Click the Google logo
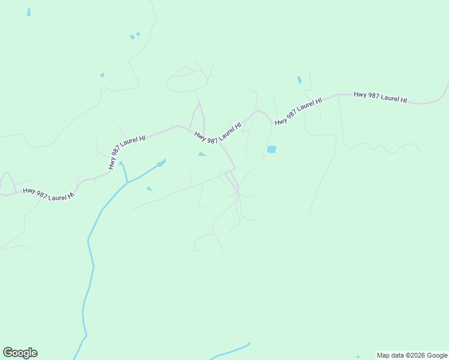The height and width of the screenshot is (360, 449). pyautogui.click(x=20, y=353)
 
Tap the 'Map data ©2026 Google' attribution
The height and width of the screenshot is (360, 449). pyautogui.click(x=412, y=355)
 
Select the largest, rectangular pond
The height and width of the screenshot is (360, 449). pyautogui.click(x=271, y=149)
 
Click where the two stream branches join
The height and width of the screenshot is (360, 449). pyautogui.click(x=127, y=182)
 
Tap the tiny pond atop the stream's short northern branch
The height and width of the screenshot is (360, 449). pyautogui.click(x=121, y=163)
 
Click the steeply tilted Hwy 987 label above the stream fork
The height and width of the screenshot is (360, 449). pyautogui.click(x=127, y=152)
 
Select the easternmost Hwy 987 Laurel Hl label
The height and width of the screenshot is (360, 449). pyautogui.click(x=381, y=97)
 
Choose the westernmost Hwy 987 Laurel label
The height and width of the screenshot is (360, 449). pyautogui.click(x=49, y=193)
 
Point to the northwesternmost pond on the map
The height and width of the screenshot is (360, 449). pyautogui.click(x=28, y=12)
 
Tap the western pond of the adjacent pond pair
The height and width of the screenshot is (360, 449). pyautogui.click(x=132, y=37)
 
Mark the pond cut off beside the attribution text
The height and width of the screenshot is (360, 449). pyautogui.click(x=358, y=358)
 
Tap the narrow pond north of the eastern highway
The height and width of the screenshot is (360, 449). pyautogui.click(x=299, y=80)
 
